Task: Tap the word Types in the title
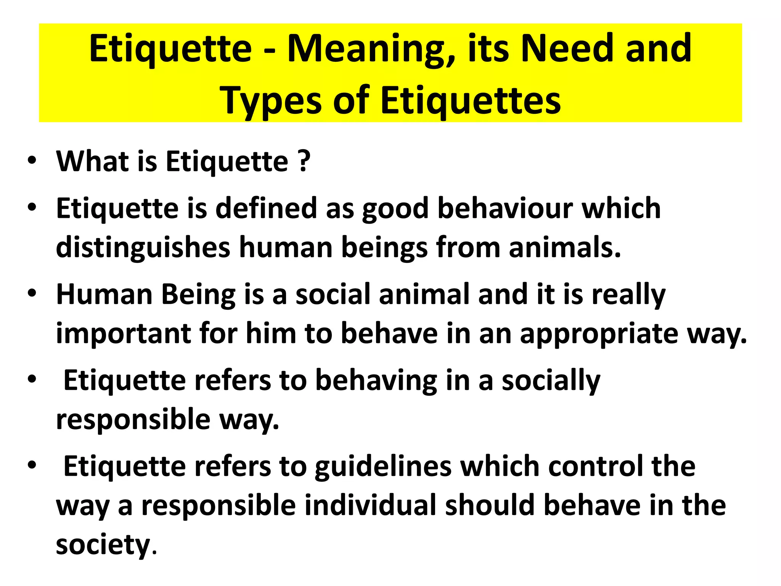point(271,101)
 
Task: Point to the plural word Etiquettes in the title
point(471,101)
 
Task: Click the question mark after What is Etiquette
point(304,161)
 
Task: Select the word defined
point(266,208)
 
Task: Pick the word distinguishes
point(143,248)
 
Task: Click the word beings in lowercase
point(384,248)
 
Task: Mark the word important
point(123,333)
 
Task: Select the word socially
point(551,381)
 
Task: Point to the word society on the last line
point(103,545)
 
